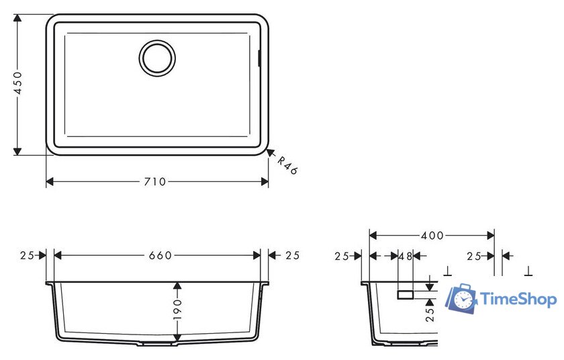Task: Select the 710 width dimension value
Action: coord(156,182)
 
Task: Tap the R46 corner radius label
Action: coord(287,165)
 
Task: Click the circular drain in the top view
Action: coord(157,57)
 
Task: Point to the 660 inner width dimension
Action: coord(160,255)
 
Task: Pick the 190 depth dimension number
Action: coord(177,312)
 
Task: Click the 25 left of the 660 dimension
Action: coord(28,255)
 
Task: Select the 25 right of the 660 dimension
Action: coord(292,255)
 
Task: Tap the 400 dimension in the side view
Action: coord(432,236)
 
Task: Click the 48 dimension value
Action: coord(405,256)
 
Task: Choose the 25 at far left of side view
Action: coord(342,256)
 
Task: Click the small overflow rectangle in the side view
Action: coord(406,294)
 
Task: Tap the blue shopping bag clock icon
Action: coord(463,299)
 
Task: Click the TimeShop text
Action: coord(519,300)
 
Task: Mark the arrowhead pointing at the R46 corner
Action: coord(270,154)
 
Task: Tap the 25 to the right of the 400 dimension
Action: coord(475,256)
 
